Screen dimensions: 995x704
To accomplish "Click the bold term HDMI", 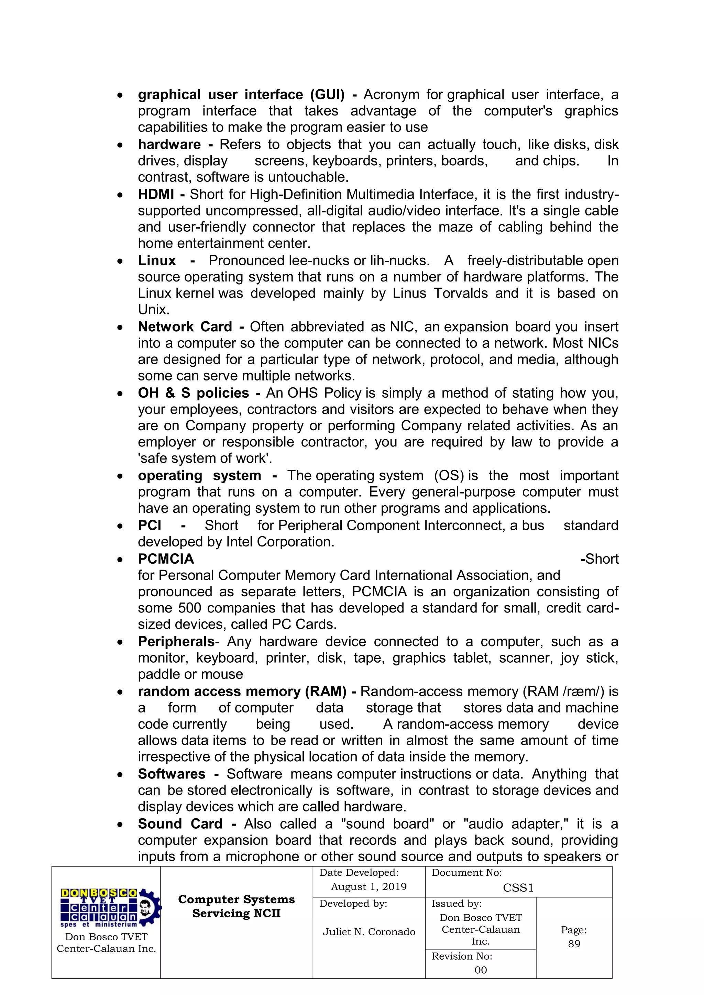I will [156, 195].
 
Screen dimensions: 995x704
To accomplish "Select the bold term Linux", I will [156, 261].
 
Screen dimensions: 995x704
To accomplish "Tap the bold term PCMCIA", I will [166, 559].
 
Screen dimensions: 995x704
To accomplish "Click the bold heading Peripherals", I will [176, 642].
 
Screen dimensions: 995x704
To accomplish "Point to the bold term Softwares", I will [172, 774].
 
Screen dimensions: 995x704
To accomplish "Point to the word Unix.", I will [153, 310].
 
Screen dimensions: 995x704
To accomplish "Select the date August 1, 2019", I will [368, 887].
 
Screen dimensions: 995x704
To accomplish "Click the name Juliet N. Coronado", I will [368, 932].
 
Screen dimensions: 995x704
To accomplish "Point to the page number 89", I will [574, 944].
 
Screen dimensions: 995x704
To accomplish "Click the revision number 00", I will [480, 970].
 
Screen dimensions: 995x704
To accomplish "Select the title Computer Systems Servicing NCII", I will [236, 906].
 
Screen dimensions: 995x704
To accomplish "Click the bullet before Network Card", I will [120, 328].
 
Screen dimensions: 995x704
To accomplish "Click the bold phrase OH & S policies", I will [193, 393].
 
